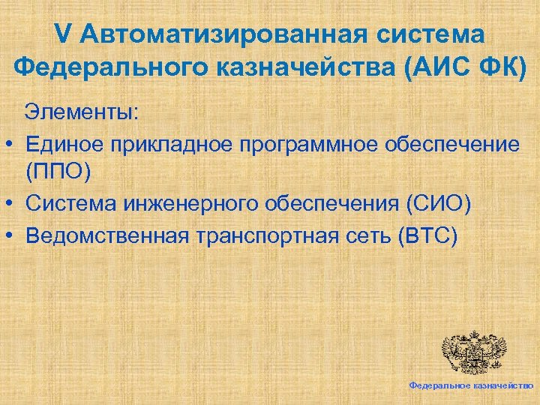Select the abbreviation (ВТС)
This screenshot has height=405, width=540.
point(429,235)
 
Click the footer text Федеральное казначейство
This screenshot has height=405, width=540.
point(471,384)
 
